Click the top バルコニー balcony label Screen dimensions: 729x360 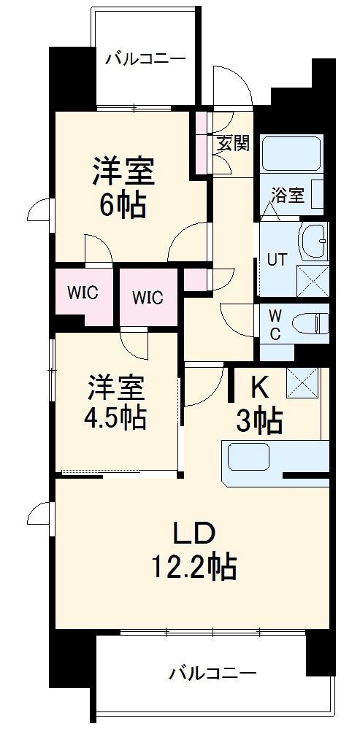[145, 58]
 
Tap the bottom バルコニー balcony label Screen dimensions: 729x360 [212, 673]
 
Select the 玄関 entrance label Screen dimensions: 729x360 [233, 142]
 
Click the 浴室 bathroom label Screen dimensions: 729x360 [287, 195]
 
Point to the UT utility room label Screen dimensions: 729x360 [277, 260]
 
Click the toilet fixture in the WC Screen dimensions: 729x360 [310, 321]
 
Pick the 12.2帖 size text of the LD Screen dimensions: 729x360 [194, 566]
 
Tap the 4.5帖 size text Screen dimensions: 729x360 [117, 417]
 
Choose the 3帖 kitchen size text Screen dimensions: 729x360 [259, 421]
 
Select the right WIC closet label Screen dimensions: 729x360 [148, 298]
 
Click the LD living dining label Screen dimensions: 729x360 [194, 533]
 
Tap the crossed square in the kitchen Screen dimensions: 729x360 [302, 382]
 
